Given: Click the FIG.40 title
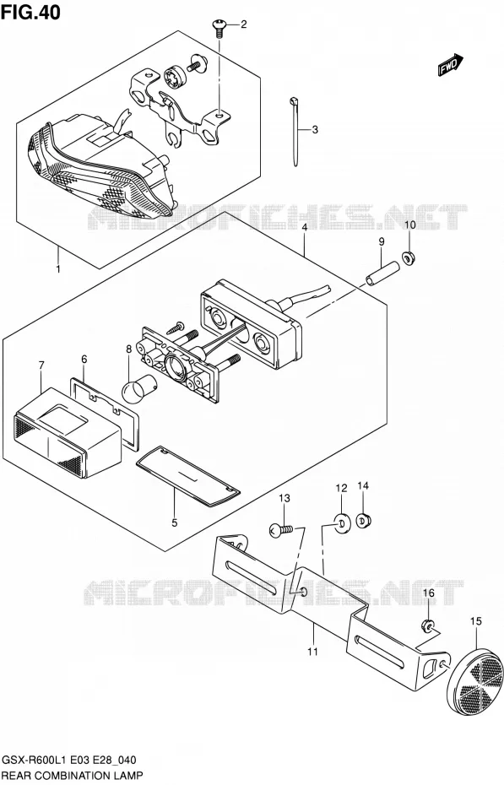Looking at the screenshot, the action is [x=30, y=12].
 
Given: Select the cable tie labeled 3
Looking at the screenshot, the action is [x=294, y=132].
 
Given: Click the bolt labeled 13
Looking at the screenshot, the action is [x=285, y=530].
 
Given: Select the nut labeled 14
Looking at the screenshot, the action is [x=364, y=521].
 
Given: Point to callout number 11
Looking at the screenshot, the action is [x=312, y=652].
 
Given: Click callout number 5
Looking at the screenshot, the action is [x=174, y=522].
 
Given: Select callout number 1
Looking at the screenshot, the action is [x=58, y=269].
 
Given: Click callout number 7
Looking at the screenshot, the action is [x=41, y=365].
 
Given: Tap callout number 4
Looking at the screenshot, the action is [x=304, y=227].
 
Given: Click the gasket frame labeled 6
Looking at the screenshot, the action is [x=104, y=414].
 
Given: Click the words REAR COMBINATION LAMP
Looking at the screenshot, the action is [x=72, y=776].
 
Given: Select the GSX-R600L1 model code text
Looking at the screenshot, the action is [x=33, y=761].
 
